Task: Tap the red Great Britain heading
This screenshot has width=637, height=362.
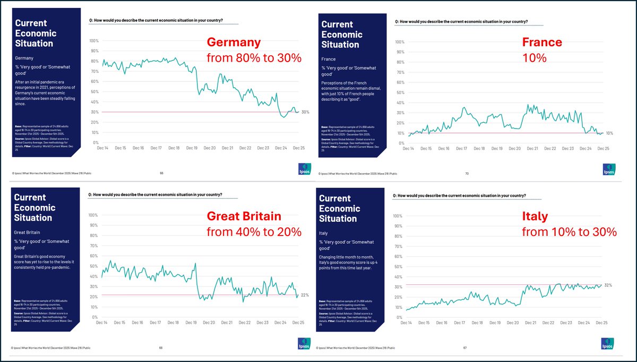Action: tap(244, 216)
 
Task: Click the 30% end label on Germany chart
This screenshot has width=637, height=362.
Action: tap(305, 112)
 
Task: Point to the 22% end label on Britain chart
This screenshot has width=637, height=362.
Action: tap(305, 294)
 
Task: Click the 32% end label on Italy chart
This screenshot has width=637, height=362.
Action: tap(608, 285)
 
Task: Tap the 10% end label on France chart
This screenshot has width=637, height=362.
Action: tap(609, 133)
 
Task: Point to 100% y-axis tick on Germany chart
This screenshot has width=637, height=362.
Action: tap(94, 41)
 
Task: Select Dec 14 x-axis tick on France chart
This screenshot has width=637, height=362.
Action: tap(408, 148)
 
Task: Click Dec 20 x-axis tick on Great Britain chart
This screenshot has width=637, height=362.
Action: tap(209, 323)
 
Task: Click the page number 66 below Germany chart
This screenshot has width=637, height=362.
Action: tap(161, 173)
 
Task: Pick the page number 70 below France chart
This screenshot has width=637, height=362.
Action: tap(467, 173)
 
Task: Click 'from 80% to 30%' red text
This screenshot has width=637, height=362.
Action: tap(254, 58)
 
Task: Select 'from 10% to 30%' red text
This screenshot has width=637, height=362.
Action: tap(569, 232)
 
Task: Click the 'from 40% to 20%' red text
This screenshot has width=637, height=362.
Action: tap(254, 232)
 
